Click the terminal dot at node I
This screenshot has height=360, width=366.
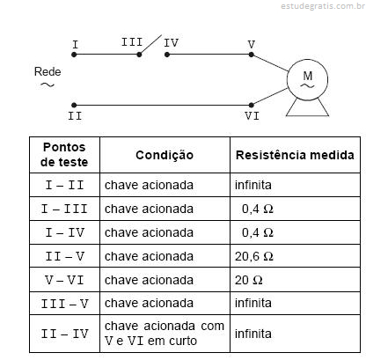(74, 55)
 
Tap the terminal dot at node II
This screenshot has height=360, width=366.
(74, 105)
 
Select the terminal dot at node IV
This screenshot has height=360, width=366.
(167, 55)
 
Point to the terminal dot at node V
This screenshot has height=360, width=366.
(252, 55)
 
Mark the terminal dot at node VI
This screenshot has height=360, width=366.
(252, 105)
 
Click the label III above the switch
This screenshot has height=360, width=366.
(132, 42)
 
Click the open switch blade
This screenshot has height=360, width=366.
(150, 45)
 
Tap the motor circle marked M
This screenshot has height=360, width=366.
(307, 80)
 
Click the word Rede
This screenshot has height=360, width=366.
(48, 71)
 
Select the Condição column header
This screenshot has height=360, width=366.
(165, 155)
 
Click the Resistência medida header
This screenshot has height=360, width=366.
(295, 155)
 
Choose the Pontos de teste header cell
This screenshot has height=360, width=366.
(64, 155)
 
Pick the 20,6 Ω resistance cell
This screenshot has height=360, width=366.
(254, 256)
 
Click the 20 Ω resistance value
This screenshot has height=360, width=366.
(248, 280)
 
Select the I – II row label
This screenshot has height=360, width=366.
(65, 185)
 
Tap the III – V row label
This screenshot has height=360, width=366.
(65, 304)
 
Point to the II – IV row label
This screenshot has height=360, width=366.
(65, 334)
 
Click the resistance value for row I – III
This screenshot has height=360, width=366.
(258, 209)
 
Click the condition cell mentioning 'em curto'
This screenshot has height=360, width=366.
(165, 334)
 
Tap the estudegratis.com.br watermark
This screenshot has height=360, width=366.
(323, 6)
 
